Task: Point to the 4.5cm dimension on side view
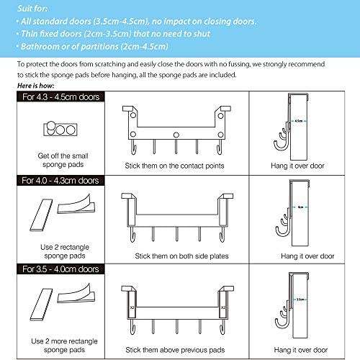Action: coord(298,121)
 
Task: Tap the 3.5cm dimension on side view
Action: coord(298,295)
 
